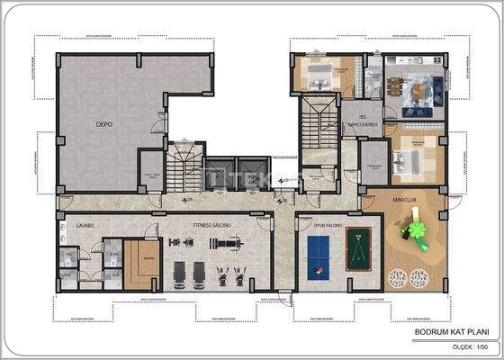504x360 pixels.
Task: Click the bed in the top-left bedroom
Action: [x=316, y=76]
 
